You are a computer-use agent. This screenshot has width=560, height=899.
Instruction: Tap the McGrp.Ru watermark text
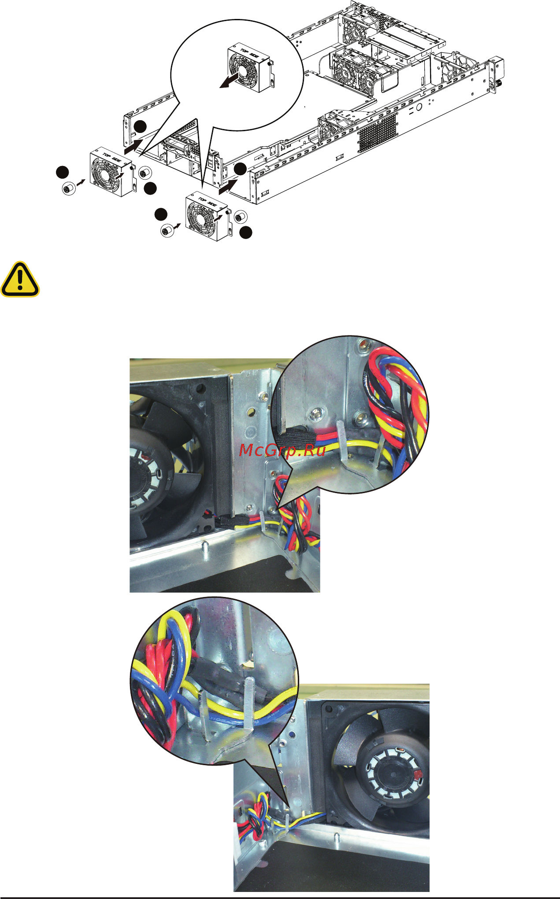282,450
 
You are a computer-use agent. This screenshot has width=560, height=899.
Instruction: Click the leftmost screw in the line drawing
69,189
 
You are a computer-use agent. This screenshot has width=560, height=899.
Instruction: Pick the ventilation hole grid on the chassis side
377,131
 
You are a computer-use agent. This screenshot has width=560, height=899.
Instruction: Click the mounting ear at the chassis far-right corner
496,75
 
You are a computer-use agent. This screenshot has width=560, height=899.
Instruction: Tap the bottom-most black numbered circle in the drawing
246,232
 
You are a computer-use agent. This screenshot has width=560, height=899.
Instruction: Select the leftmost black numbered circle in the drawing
63,172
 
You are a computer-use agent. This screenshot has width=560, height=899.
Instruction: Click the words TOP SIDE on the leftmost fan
112,156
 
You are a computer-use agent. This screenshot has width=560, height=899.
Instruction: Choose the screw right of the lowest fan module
240,217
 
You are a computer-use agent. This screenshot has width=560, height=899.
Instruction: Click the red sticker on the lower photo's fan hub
418,773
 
